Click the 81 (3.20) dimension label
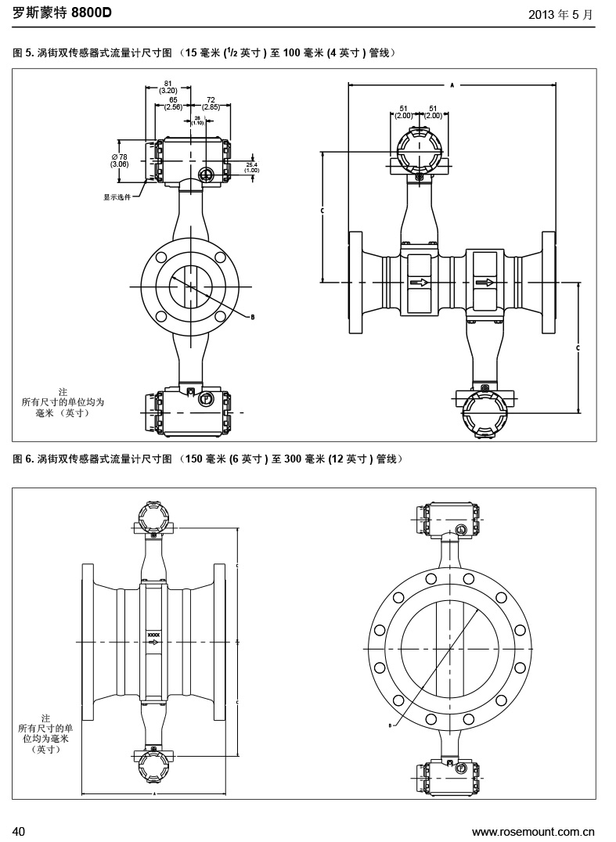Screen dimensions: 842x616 click(168, 86)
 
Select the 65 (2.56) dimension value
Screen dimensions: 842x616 click(173, 103)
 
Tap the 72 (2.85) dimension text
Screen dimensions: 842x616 click(211, 103)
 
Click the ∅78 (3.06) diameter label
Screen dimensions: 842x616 click(120, 160)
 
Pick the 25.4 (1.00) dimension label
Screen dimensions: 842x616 click(252, 167)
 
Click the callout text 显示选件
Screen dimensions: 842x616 click(117, 197)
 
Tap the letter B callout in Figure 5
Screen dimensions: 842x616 click(252, 317)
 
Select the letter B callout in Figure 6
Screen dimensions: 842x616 click(389, 725)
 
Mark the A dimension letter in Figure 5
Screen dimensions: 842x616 click(452, 83)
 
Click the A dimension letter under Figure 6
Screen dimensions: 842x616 click(154, 793)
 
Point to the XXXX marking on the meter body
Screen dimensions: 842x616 click(153, 635)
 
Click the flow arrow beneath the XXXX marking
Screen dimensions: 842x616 click(153, 642)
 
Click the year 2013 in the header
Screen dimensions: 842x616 click(542, 14)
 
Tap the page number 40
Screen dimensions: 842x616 click(20, 830)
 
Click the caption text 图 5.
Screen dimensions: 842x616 click(23, 53)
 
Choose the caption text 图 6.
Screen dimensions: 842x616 click(23, 459)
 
